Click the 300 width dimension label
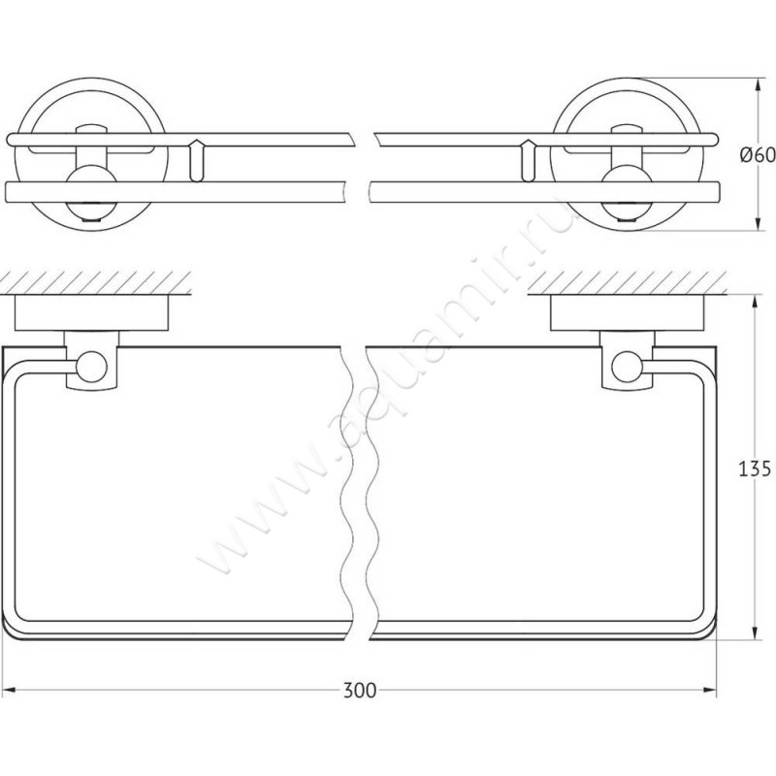(360, 691)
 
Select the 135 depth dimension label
(755, 469)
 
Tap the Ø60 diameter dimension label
(758, 155)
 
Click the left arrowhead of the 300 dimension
(11, 690)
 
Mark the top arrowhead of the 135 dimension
(755, 304)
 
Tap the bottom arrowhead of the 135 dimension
(755, 630)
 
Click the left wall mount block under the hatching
(91, 312)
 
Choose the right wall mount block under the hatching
(627, 312)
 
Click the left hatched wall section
(95, 282)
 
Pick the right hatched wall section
(627, 282)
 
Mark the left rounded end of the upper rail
(11, 140)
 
